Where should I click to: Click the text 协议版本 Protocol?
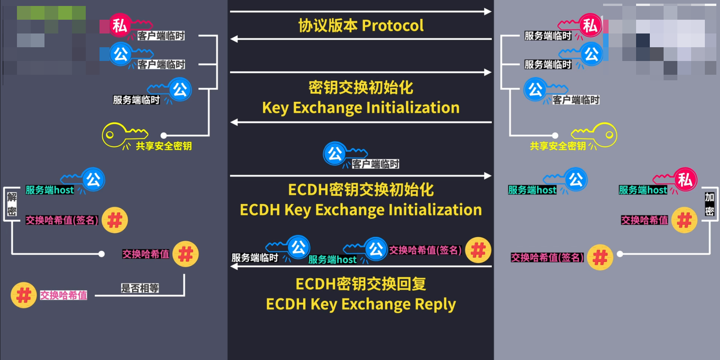pyautogui.click(x=360, y=26)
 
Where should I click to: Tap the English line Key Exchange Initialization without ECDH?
pyautogui.click(x=360, y=108)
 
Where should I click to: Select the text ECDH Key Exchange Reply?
pyautogui.click(x=360, y=304)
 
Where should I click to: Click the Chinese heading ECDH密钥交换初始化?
pyautogui.click(x=360, y=190)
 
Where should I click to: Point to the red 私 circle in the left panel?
pyautogui.click(x=120, y=25)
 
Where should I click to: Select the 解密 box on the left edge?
pyautogui.click(x=12, y=204)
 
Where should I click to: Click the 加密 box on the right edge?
pyautogui.click(x=709, y=204)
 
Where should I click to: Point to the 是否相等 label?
pyautogui.click(x=140, y=288)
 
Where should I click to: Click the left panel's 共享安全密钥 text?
pyautogui.click(x=164, y=146)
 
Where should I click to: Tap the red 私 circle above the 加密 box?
pyautogui.click(x=685, y=179)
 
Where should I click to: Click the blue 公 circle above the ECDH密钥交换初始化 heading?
pyautogui.click(x=335, y=153)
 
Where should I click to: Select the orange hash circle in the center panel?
pyautogui.click(x=478, y=250)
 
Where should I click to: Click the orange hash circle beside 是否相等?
pyautogui.click(x=23, y=295)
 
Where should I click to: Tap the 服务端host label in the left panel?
pyautogui.click(x=50, y=190)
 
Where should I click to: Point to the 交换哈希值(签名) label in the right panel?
pyautogui.click(x=547, y=257)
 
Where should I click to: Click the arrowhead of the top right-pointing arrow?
pyautogui.click(x=487, y=11)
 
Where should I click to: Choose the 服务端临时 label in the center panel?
pyautogui.click(x=255, y=258)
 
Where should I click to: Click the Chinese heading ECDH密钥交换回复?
pyautogui.click(x=360, y=284)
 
